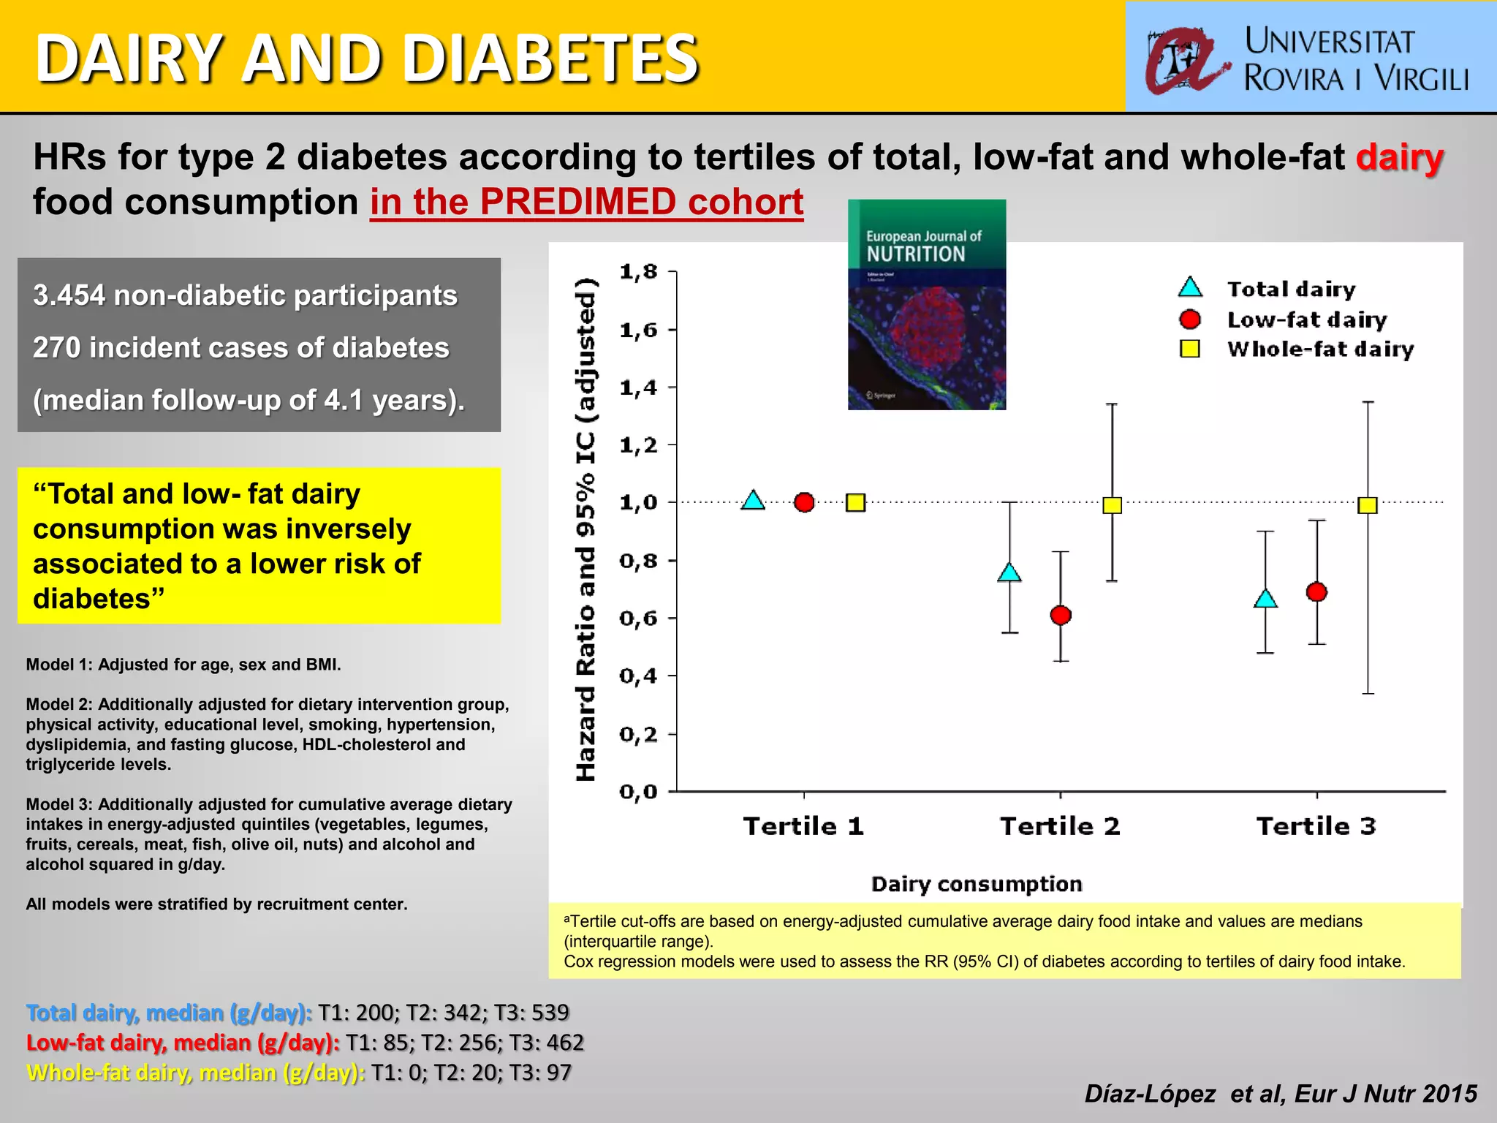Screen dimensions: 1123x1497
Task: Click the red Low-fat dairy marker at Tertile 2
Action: (1061, 616)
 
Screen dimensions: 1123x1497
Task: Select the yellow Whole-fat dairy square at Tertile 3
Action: (1368, 505)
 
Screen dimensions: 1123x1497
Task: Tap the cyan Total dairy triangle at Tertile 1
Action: (753, 502)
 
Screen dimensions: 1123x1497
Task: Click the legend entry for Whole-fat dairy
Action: (1319, 349)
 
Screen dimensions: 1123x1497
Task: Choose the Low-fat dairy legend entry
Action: (1306, 319)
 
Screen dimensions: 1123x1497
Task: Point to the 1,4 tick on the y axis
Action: (639, 387)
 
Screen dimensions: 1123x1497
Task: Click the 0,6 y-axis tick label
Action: (639, 619)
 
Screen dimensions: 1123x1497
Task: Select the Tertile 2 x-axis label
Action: (1060, 826)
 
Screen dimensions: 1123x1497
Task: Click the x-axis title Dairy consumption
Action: (977, 884)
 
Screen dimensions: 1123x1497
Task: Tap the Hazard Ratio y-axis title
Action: (586, 530)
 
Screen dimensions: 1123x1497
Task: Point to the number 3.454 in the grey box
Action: (69, 295)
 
